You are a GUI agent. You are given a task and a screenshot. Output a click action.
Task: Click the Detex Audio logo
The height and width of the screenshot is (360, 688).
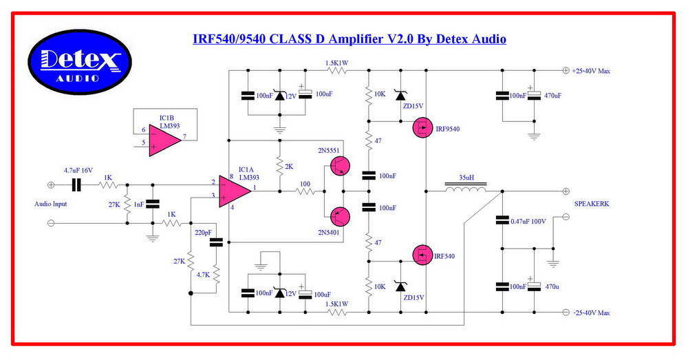click(80, 62)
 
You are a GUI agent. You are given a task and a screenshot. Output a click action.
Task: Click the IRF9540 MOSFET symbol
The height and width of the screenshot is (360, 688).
click(422, 129)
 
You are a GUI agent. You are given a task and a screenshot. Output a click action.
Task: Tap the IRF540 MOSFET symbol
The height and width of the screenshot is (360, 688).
click(422, 255)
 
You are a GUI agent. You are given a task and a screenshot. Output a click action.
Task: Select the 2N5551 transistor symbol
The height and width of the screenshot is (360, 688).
click(340, 166)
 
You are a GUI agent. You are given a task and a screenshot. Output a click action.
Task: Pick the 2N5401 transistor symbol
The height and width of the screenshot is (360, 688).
click(340, 216)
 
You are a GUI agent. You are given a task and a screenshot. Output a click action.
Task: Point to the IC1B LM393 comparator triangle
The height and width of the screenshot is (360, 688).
click(165, 140)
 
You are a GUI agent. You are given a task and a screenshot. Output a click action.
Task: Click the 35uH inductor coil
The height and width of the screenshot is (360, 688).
click(466, 188)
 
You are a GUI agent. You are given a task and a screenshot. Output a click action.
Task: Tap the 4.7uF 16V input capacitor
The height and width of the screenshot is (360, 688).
click(76, 185)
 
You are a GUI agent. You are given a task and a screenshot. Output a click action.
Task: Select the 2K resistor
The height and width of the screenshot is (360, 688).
click(279, 166)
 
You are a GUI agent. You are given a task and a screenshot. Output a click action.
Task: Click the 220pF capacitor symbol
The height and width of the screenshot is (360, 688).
click(216, 242)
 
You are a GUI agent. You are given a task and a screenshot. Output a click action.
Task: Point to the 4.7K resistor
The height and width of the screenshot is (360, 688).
click(216, 275)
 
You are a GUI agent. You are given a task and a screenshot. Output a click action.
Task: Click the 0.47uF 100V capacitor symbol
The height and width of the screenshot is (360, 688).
click(502, 220)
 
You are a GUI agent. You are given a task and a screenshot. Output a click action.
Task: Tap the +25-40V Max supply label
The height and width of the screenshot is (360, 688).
click(590, 71)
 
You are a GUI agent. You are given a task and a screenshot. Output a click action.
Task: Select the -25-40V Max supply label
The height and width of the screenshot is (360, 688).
click(591, 313)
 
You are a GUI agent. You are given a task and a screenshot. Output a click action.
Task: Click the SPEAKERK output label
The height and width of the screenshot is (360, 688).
click(592, 204)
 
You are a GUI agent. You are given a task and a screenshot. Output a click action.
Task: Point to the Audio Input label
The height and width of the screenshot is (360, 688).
click(51, 204)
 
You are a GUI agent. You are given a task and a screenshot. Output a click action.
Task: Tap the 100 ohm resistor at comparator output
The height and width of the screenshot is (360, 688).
click(305, 191)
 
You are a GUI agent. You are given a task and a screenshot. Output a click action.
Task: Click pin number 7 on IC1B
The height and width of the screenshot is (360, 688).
click(184, 136)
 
